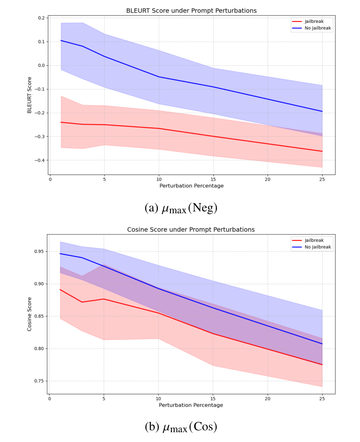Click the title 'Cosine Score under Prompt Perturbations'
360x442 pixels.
[x=191, y=230]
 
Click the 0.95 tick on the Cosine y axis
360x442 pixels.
[x=39, y=252]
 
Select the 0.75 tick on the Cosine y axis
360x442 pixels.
[x=39, y=381]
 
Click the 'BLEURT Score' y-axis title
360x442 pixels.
[x=29, y=95]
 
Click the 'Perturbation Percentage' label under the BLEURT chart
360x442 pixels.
[x=191, y=186]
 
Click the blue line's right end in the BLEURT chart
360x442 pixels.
[x=322, y=112]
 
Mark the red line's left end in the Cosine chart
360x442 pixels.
[x=60, y=289]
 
